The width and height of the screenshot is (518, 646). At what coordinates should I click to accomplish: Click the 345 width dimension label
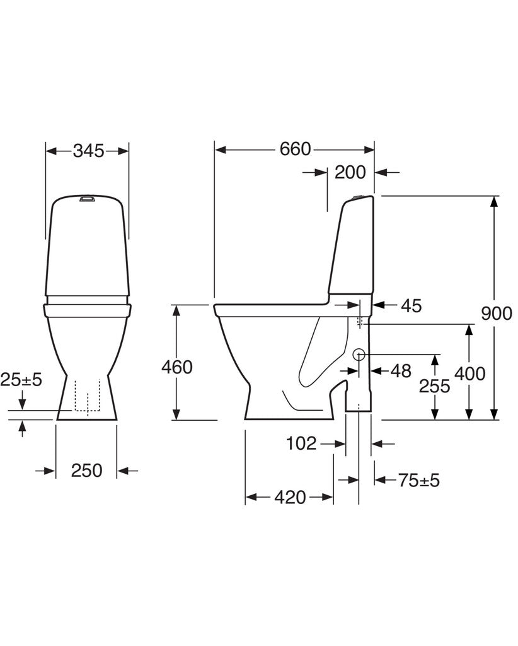coord(88,151)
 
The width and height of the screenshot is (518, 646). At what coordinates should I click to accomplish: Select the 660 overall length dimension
coord(295,149)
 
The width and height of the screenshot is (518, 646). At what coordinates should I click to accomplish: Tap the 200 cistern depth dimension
coord(350,172)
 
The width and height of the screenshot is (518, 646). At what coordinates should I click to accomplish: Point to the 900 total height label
coord(497,314)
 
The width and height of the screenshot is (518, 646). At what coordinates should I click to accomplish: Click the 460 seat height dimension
coord(177,367)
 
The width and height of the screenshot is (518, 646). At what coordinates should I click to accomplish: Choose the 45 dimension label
coord(412,306)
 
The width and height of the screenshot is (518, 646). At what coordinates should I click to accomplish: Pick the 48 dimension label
coord(401,371)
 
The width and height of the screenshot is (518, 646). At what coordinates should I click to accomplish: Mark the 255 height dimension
coord(434,386)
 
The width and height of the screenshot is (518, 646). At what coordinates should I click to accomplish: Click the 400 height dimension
coord(470,373)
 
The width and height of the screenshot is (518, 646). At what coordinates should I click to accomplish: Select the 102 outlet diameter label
coord(301,443)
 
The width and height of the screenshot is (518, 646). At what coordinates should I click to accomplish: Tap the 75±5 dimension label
coord(419,480)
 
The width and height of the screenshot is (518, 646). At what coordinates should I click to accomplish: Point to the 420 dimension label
coord(290,497)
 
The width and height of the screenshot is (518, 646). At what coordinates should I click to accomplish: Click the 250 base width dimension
coord(86,470)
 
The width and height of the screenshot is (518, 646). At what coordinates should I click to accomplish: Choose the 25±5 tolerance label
coord(21,379)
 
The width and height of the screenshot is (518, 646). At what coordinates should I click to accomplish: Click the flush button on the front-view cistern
coord(87,199)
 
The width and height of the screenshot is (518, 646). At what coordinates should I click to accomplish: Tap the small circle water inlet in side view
coord(359,354)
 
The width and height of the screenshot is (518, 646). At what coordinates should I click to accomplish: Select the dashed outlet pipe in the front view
coord(88,396)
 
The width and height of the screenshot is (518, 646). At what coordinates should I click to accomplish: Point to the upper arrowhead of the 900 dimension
coord(495,203)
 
